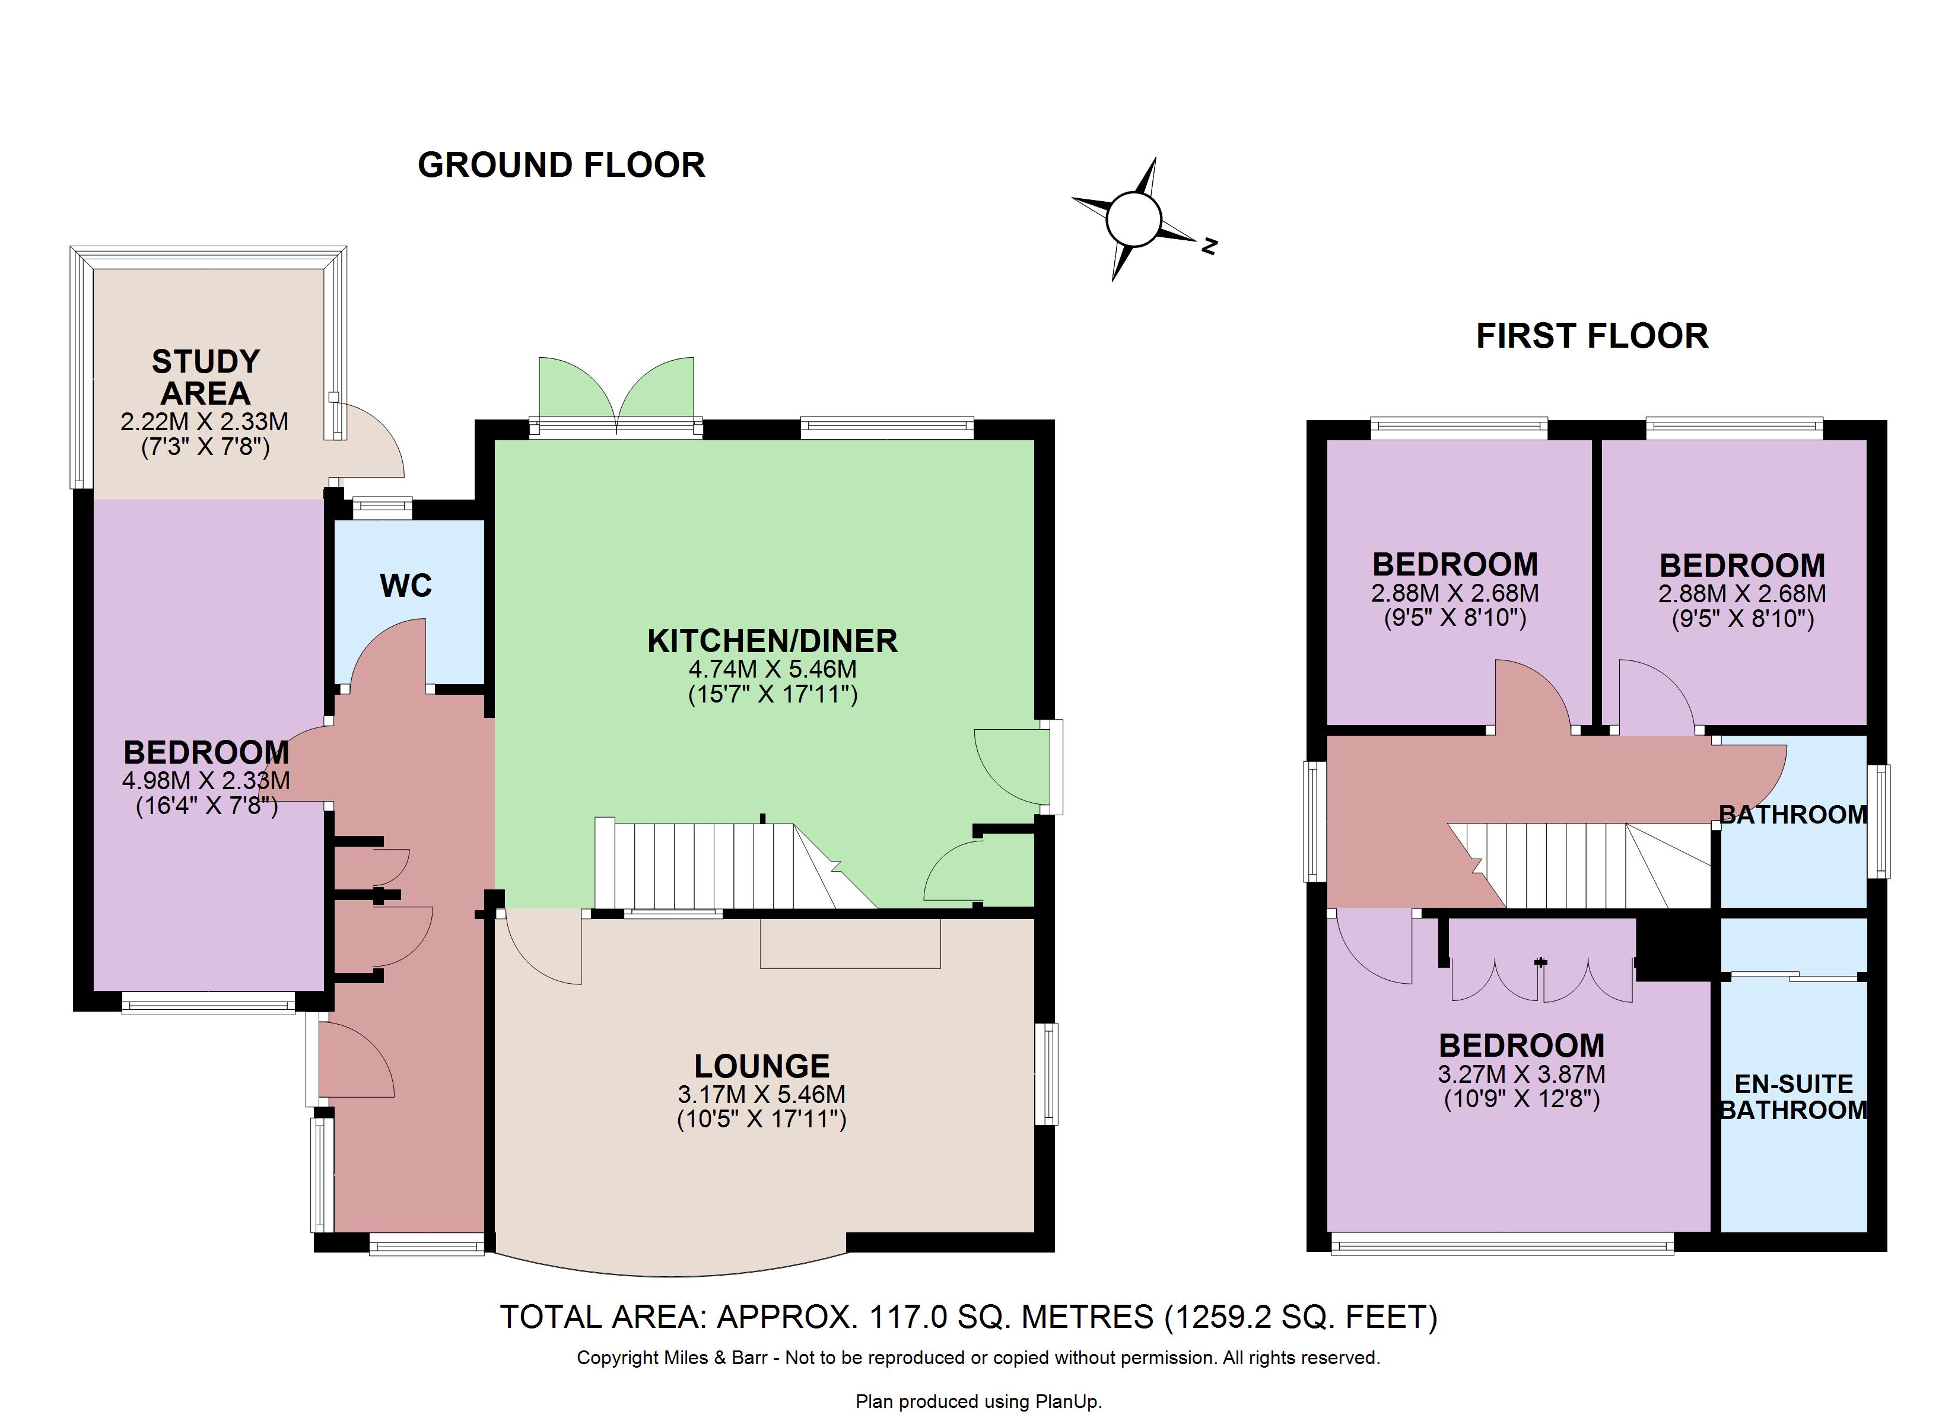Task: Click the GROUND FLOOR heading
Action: pos(561,165)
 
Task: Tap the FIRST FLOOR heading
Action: pos(1592,336)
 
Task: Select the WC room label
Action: pos(406,586)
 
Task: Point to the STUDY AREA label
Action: pos(205,377)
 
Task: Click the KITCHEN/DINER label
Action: pos(773,641)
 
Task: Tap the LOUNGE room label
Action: pos(762,1066)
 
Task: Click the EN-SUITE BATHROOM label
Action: pos(1794,1096)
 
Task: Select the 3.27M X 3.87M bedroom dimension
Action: pos(1522,1075)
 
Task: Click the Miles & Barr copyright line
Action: pos(978,1358)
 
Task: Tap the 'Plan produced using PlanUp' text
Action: pos(979,1401)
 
